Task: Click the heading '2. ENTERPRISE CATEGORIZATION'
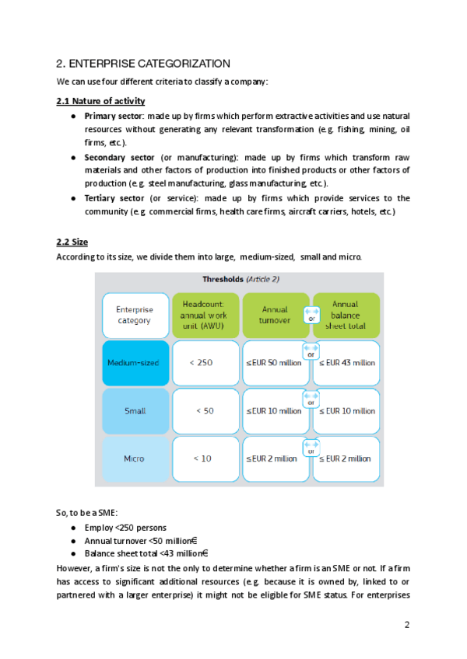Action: pos(143,63)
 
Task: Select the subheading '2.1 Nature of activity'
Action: pos(100,101)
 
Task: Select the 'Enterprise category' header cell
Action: pos(135,315)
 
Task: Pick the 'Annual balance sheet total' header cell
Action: pos(346,315)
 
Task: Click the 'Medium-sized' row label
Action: pos(135,363)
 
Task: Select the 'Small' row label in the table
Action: pos(135,411)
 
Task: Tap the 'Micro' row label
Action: pos(135,459)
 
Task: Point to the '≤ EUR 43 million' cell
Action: pos(346,363)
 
